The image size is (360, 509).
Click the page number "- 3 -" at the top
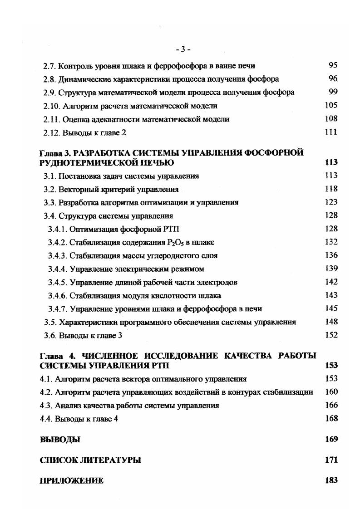(183, 49)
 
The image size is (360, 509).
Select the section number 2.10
(51, 106)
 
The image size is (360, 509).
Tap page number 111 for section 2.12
(331, 132)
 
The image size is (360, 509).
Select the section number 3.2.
(49, 189)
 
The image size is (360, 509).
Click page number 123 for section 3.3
(331, 202)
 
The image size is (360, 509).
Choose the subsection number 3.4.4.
(58, 269)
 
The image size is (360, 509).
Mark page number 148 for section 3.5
(331, 322)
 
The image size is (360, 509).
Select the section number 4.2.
(46, 392)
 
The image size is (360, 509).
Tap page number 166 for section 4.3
(331, 406)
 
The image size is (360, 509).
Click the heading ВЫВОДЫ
(60, 439)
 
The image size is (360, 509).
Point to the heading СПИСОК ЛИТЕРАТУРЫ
(90, 460)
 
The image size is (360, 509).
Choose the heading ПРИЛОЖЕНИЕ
(71, 481)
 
